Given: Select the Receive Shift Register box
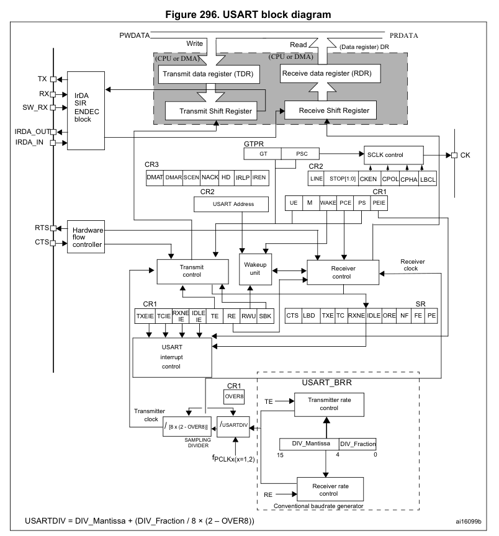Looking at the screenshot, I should coord(330,110).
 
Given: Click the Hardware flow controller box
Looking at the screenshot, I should coord(86,237).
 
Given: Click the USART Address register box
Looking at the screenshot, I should coord(233,203).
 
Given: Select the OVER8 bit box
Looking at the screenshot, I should coord(235,396).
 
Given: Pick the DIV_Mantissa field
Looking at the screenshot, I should coord(308,444).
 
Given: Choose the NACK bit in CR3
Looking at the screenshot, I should coord(210,177).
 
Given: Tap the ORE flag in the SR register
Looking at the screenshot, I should coord(389,315).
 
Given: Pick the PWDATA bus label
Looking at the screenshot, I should coord(134,36).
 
